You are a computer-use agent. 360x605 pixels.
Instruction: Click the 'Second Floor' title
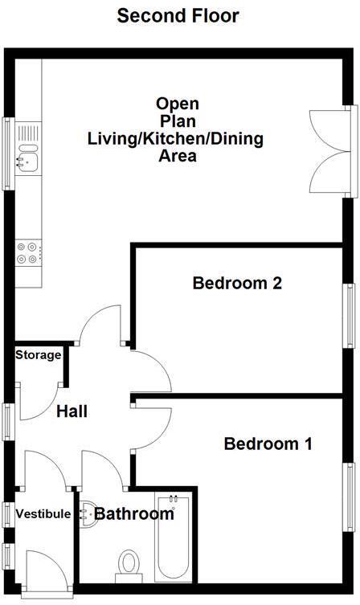[x=178, y=15]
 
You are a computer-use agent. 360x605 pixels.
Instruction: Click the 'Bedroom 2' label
[x=236, y=284]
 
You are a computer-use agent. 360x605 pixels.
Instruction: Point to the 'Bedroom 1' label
[x=268, y=444]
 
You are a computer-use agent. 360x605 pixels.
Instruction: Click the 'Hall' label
[x=72, y=411]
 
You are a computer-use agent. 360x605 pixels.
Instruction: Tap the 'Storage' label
[x=38, y=355]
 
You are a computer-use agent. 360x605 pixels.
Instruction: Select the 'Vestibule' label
[x=43, y=514]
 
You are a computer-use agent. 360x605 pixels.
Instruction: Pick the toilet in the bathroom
[x=128, y=564]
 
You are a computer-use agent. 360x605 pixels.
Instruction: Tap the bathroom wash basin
[x=89, y=515]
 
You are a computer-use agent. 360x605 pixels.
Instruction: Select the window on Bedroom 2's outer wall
[x=350, y=315]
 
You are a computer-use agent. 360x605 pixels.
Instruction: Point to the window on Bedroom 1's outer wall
[x=350, y=497]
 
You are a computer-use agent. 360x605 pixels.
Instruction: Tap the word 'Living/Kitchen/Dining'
[x=175, y=139]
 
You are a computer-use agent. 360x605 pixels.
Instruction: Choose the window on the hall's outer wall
[x=8, y=421]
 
